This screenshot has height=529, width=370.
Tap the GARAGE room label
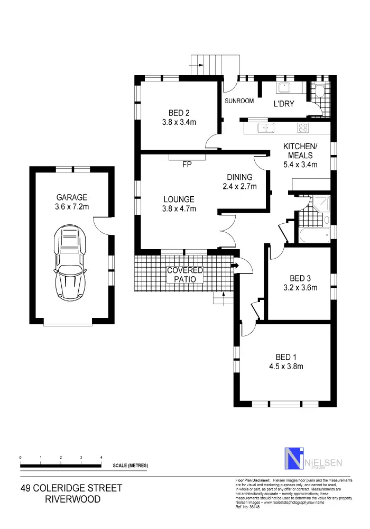[x=72, y=197]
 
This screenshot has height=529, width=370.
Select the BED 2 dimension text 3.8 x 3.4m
[x=179, y=123]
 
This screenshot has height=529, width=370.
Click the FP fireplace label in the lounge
[x=186, y=165]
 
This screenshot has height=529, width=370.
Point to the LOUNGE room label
[x=179, y=199]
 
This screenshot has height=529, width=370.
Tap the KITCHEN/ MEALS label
[x=300, y=151]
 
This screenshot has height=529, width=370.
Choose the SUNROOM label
[x=239, y=101]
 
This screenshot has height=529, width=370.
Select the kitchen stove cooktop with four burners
[x=303, y=127]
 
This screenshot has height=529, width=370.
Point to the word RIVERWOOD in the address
[x=72, y=499]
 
